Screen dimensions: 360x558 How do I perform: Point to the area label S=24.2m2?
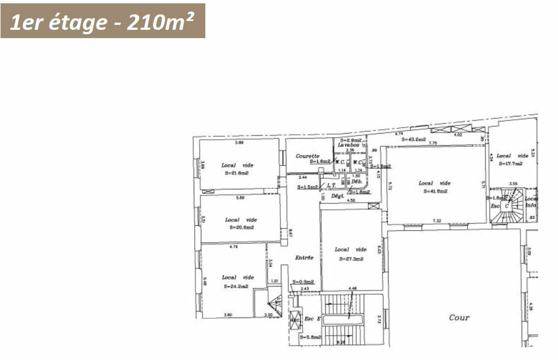tap(236, 287)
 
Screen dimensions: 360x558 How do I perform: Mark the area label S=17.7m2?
tap(511, 163)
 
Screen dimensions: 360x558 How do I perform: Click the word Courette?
tap(307, 156)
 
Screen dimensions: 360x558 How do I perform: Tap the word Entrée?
tap(304, 257)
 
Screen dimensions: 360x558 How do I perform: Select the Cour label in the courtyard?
tap(459, 317)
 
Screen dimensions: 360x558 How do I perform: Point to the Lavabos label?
tap(349, 145)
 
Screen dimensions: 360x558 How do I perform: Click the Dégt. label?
tap(337, 195)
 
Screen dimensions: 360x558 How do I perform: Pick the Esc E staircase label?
tap(312, 319)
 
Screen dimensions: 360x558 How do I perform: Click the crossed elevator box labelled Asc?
tap(295, 320)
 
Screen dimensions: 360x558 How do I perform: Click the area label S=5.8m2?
tap(310, 337)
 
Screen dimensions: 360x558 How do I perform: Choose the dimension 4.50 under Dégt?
tap(350, 200)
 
